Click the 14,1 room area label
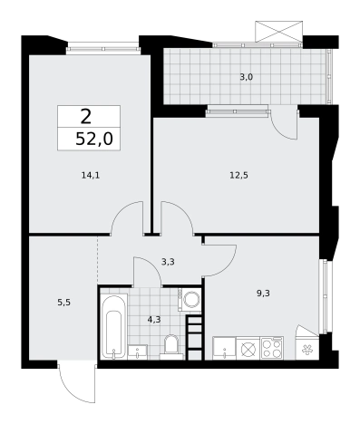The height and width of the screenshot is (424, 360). click(91, 175)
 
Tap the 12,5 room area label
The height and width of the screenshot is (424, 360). click(238, 175)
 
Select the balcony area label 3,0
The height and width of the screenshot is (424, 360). click(246, 77)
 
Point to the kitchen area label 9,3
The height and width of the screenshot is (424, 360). click(263, 294)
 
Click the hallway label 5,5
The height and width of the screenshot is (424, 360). click(63, 303)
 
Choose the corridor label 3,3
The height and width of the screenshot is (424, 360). click(168, 262)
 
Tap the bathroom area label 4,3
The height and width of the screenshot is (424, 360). click(154, 319)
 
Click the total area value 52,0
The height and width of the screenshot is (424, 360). click(94, 140)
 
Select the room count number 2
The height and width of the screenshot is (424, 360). click(86, 117)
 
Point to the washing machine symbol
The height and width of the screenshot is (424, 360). click(190, 300)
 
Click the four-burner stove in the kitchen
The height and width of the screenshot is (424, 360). click(272, 348)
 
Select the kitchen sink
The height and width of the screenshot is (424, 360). click(224, 348)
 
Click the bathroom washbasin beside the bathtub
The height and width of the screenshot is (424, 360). click(138, 352)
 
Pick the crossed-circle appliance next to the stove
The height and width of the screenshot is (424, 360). click(248, 348)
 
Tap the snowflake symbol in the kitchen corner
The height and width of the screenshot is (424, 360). click(307, 350)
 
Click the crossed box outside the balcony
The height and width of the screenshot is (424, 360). click(278, 32)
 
